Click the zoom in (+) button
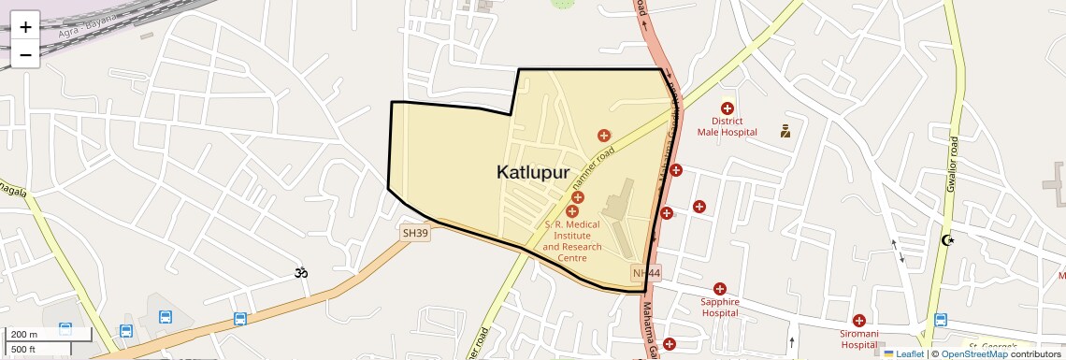(25, 27)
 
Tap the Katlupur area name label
(533, 172)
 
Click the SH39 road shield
(415, 233)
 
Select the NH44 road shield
(646, 273)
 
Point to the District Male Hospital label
(727, 126)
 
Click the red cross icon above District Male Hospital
(727, 108)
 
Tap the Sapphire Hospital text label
(720, 307)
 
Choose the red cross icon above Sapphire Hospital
(720, 289)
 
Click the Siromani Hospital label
(858, 338)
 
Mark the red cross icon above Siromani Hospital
(858, 321)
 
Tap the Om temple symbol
(299, 273)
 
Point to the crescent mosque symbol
(949, 240)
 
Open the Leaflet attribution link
(903, 353)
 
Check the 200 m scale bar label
(25, 335)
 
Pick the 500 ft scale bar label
(23, 349)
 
